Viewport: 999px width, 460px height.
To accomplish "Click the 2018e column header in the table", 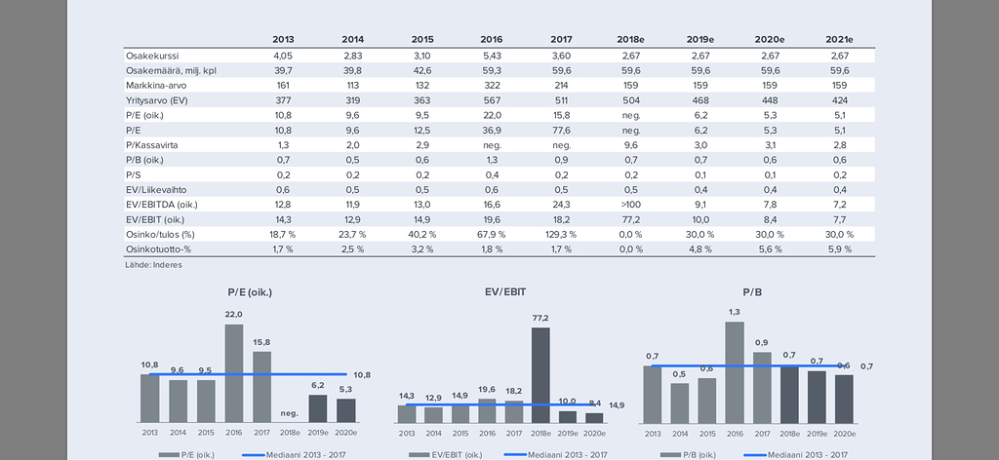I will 630,39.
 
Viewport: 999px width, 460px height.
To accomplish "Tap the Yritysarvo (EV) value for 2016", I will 492,100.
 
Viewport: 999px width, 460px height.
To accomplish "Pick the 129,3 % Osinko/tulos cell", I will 560,234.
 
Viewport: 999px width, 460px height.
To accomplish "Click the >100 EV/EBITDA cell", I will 630,205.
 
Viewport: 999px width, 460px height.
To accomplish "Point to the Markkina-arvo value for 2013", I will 284,86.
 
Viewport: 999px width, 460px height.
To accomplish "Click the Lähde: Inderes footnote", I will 154,264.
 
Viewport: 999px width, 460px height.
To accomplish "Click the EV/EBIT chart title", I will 505,291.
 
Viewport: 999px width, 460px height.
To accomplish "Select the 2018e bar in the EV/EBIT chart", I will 540,374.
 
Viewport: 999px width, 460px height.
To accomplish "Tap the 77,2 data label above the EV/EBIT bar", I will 540,318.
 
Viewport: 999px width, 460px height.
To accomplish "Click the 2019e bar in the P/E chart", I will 318,408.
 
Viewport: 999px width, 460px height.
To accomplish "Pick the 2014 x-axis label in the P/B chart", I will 680,433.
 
